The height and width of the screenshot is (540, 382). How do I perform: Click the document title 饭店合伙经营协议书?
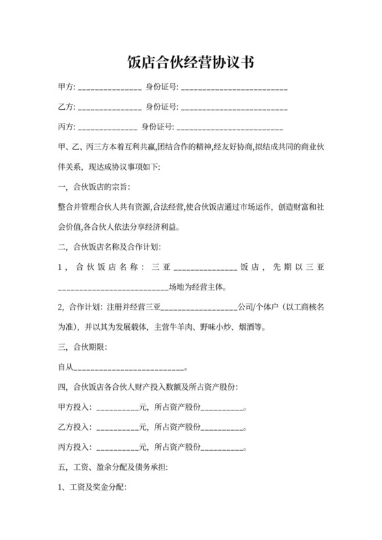click(191, 62)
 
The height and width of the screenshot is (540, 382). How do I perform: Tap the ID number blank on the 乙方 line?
click(234, 108)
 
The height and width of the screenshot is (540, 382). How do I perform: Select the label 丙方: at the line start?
click(68, 127)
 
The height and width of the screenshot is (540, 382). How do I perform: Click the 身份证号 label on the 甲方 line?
click(162, 88)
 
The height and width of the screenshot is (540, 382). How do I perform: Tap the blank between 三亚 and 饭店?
click(205, 267)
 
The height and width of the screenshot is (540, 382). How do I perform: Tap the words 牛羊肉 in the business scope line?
click(179, 327)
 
